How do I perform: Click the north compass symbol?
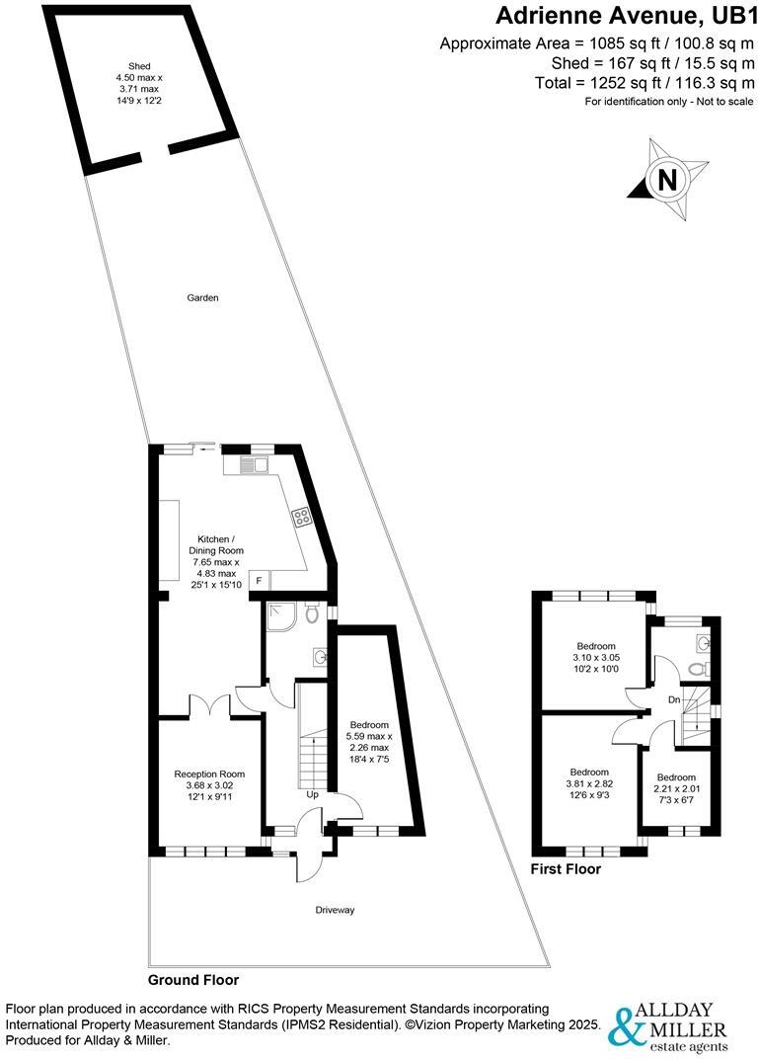point(667,180)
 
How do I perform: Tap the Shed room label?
point(130,68)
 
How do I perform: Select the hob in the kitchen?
point(300,516)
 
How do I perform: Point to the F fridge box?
point(259,580)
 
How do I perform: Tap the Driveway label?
point(335,910)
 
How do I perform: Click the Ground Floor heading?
point(193,980)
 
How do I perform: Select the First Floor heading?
point(566,869)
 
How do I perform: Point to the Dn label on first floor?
point(674,699)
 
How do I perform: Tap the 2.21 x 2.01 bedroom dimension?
point(676,789)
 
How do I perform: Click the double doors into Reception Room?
point(209,706)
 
